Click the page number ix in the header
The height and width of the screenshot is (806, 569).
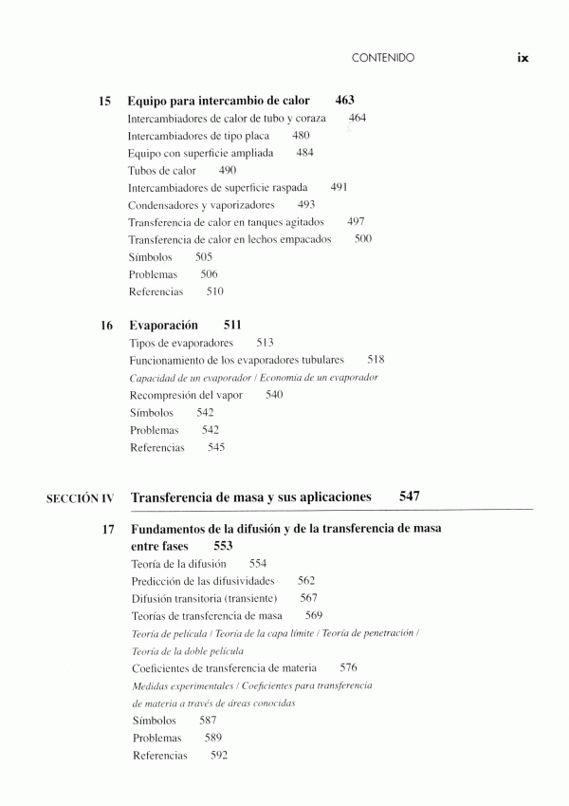coord(523,57)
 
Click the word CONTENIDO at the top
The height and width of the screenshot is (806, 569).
coord(382,58)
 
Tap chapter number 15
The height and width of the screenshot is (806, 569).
coord(105,100)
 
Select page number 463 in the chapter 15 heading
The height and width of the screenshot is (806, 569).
coord(346,100)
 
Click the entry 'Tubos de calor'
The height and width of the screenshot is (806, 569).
coord(161,171)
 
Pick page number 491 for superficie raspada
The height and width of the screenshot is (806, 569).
coord(339,188)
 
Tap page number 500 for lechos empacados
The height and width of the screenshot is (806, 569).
coord(363,239)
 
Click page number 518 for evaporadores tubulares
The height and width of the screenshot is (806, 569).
coord(376,360)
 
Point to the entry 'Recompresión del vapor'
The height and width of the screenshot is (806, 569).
coord(192,394)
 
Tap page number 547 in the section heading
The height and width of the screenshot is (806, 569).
coord(410,497)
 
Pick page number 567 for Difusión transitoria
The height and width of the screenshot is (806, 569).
coord(309,598)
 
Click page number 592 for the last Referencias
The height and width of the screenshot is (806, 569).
coord(219,756)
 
